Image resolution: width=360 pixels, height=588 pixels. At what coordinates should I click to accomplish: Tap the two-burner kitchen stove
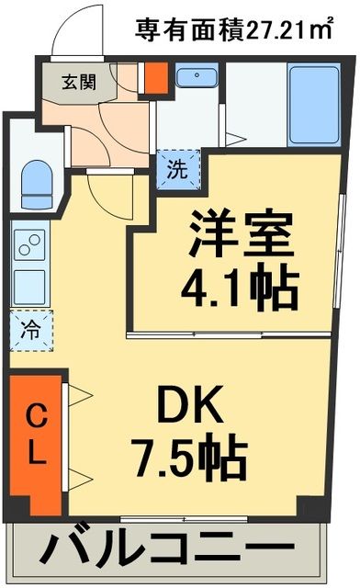point(28,246)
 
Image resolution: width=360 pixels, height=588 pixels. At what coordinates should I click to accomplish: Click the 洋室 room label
point(242,236)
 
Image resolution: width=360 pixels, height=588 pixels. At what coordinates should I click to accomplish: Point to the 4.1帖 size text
point(242,288)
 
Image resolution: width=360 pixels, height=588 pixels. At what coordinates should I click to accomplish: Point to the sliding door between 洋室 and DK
point(237,333)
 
